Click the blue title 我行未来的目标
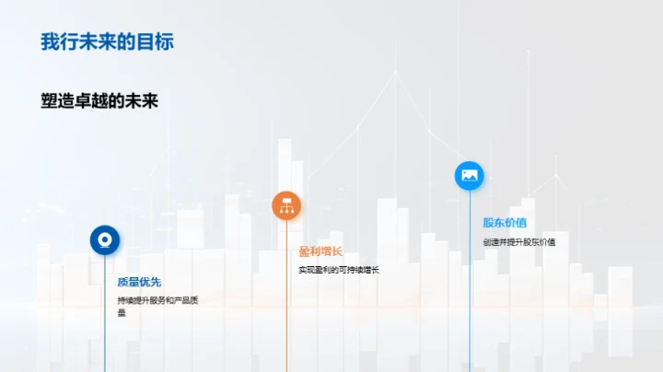point(107,42)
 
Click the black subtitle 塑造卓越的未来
point(99,101)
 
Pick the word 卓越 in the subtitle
point(99,101)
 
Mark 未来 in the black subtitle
point(142,101)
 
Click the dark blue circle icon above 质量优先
point(104,240)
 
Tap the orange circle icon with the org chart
point(286,205)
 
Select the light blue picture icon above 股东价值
point(470,175)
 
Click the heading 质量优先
point(139,283)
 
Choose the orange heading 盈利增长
point(320,250)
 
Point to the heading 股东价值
point(505,222)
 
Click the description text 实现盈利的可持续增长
point(338,270)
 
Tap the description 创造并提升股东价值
point(519,242)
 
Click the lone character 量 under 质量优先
point(122,313)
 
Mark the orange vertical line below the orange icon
point(286,304)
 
